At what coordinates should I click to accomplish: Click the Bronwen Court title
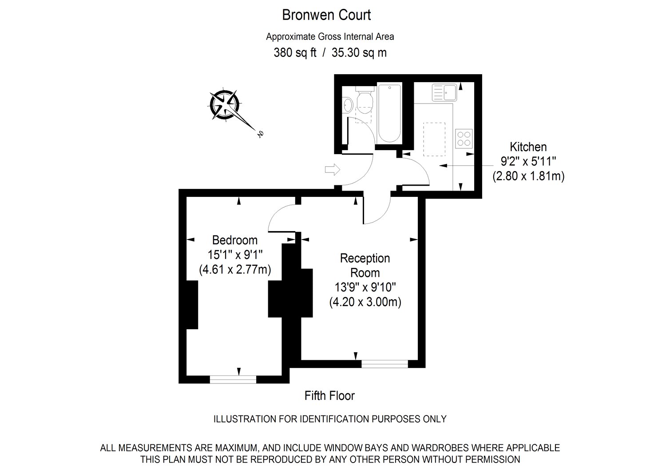pyautogui.click(x=326, y=15)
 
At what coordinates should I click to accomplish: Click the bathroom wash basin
pyautogui.click(x=348, y=105)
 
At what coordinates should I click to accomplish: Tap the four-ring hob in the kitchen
pyautogui.click(x=464, y=137)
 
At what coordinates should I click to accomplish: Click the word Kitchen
pyautogui.click(x=528, y=147)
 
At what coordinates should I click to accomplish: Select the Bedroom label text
pyautogui.click(x=235, y=240)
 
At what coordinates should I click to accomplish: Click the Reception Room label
pyautogui.click(x=365, y=265)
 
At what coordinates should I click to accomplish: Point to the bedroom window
pyautogui.click(x=233, y=379)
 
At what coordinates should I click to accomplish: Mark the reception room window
pyautogui.click(x=385, y=364)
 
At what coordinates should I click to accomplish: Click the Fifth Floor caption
pyautogui.click(x=329, y=395)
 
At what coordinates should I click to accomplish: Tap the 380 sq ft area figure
pyautogui.click(x=295, y=53)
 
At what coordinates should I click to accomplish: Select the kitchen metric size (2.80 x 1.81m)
pyautogui.click(x=528, y=176)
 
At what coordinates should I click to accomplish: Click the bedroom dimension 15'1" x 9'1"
pyautogui.click(x=235, y=255)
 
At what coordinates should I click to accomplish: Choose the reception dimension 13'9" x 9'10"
pyautogui.click(x=365, y=287)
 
